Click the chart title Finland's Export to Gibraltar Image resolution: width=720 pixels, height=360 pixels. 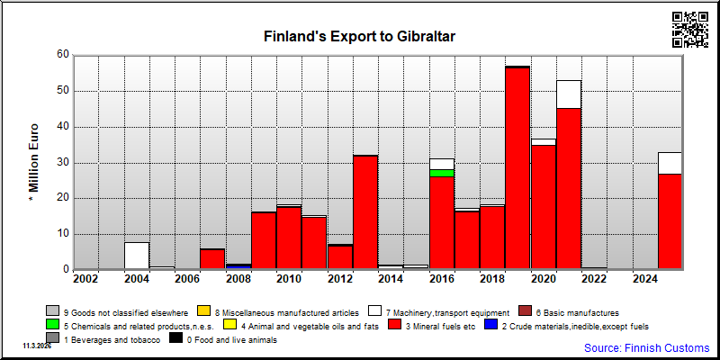pos(359,36)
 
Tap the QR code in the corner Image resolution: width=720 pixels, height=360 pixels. pos(690,30)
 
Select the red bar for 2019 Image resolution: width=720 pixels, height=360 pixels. pos(517,168)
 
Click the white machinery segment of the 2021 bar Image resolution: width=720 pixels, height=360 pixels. pos(569,94)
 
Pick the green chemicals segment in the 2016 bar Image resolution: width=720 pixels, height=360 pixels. pos(442,173)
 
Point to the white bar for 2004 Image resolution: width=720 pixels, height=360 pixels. pos(137,256)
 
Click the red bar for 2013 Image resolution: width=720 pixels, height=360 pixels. pos(365,212)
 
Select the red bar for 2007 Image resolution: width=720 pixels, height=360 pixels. pos(212,259)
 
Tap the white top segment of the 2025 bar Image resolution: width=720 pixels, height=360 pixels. pos(670,163)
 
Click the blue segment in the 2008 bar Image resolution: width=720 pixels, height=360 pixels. pos(238,266)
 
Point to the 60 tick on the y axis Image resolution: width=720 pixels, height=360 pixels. pos(63,55)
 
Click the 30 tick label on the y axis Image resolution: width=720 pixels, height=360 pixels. pos(63,163)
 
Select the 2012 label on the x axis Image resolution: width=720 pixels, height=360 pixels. pos(340,279)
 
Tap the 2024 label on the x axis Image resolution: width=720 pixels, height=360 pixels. pos(645,279)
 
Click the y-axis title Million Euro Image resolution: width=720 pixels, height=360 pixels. pos(34,163)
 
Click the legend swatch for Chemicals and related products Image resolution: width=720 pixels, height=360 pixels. pos(53,326)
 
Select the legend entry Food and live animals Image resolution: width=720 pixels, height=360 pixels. pos(222,340)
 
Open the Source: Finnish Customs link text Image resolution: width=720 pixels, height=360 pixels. pos(646,347)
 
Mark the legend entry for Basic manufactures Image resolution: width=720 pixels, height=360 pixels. pos(569,312)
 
